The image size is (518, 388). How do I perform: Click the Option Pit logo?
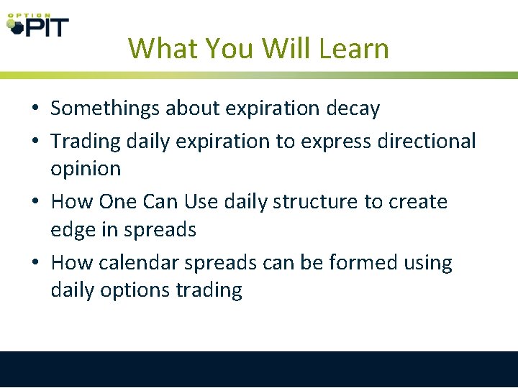coord(37,24)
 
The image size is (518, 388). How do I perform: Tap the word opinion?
coord(86,170)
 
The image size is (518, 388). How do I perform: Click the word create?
coord(418,202)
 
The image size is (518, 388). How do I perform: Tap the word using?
coord(426,264)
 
